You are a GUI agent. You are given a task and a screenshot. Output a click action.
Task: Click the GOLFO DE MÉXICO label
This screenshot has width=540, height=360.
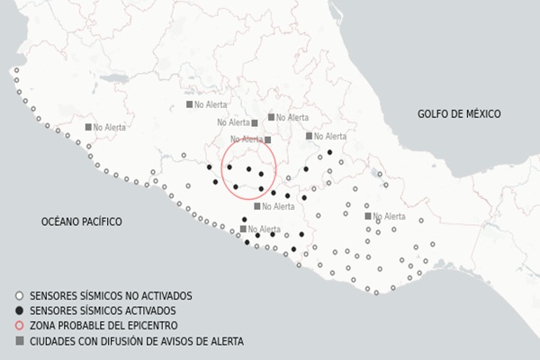[459, 114]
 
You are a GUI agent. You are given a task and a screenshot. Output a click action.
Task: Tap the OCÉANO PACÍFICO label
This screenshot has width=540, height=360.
[81, 221]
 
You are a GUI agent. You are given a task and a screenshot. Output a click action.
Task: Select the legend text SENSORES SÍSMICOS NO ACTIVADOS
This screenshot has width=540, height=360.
[111, 295]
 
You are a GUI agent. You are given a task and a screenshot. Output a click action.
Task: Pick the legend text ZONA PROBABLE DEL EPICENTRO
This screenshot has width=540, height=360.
[103, 326]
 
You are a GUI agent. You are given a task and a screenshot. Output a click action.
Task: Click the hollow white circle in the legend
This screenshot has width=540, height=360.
[20, 295]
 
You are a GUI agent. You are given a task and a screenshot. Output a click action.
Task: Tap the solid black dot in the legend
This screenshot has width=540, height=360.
[20, 310]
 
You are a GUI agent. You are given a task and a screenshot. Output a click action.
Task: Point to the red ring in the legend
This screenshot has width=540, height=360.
[20, 326]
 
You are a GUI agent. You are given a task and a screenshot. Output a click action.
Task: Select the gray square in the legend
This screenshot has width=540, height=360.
[20, 341]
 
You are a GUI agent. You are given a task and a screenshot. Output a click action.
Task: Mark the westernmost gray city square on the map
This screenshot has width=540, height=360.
[88, 127]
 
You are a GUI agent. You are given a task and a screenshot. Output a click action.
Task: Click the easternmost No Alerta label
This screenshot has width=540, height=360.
[389, 217]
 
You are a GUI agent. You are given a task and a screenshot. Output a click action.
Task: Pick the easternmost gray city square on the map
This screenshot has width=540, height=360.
[367, 216]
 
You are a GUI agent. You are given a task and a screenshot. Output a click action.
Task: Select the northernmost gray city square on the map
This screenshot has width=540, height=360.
[190, 104]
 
